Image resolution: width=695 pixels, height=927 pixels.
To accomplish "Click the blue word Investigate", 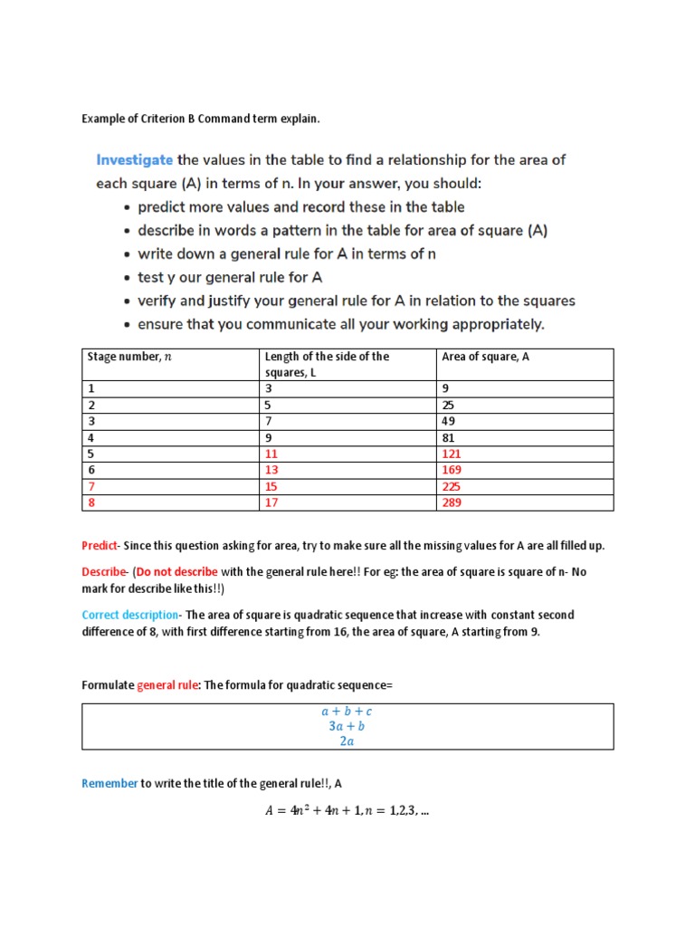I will pyautogui.click(x=134, y=160).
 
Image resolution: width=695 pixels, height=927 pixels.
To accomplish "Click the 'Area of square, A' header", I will pyautogui.click(x=485, y=357).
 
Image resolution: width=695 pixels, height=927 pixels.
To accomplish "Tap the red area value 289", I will pyautogui.click(x=452, y=502).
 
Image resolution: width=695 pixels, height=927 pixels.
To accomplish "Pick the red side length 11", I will pyautogui.click(x=271, y=454).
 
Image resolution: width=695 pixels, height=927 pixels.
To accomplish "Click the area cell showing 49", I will pyautogui.click(x=449, y=421).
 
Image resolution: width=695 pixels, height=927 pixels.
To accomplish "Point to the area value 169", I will pyautogui.click(x=452, y=470).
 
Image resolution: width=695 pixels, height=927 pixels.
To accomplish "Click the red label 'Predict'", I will pyautogui.click(x=100, y=546).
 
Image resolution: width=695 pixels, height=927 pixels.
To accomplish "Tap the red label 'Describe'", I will pyautogui.click(x=104, y=572).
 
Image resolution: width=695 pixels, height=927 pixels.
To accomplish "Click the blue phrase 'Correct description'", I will pyautogui.click(x=130, y=616).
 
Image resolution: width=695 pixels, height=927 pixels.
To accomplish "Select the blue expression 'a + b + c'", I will pyautogui.click(x=347, y=712).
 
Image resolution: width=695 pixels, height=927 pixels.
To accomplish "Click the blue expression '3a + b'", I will pyautogui.click(x=347, y=726).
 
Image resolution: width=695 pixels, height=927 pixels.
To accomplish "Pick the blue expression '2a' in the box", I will pyautogui.click(x=347, y=741).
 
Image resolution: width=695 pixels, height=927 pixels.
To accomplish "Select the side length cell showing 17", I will pyautogui.click(x=271, y=502).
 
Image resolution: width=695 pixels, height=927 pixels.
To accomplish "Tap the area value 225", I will pyautogui.click(x=452, y=486).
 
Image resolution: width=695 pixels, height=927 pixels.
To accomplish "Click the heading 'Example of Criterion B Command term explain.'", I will pyautogui.click(x=201, y=119).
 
